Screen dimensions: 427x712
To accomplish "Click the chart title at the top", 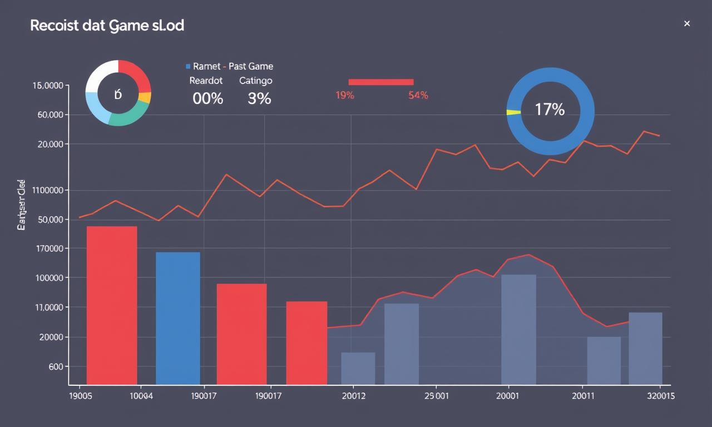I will coord(107,26).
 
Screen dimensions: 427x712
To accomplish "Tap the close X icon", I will coord(686,23).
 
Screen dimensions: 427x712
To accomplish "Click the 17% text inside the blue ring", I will coord(550,110).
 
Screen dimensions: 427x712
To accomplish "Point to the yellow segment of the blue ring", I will coord(513,112).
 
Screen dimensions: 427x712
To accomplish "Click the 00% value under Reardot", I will coord(207,99).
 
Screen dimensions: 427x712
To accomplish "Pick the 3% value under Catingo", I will coord(259,99).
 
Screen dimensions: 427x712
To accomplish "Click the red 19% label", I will coord(344,95).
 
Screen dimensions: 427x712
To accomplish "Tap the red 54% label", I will coord(418,95).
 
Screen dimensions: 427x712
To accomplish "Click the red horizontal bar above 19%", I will coord(380,82).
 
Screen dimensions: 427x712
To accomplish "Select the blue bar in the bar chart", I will coord(177,318).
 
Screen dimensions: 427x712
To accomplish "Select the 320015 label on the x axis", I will coord(660,396).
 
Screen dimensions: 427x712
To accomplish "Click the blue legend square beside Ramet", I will coord(188,66).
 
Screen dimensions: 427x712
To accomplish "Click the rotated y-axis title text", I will coord(21,205).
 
